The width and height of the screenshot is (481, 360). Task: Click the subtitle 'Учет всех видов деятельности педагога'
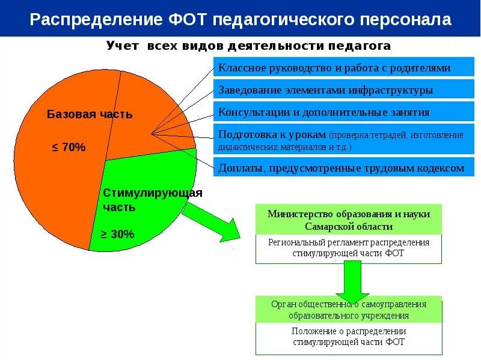(249, 46)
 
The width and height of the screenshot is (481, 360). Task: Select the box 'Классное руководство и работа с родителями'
(334, 68)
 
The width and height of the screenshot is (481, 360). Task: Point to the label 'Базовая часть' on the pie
(90, 114)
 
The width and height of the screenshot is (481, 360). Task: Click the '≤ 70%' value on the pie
(69, 147)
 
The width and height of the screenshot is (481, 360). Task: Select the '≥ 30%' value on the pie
(117, 234)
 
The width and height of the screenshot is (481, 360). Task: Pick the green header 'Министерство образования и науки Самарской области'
(349, 220)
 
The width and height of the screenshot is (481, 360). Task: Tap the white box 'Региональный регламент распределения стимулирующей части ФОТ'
(349, 248)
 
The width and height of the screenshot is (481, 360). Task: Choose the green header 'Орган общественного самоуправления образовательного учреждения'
(349, 310)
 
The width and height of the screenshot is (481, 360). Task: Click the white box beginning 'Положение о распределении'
(349, 337)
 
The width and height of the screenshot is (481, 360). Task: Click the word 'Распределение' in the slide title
(94, 20)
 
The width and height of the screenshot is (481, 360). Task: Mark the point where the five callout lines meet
(152, 133)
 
